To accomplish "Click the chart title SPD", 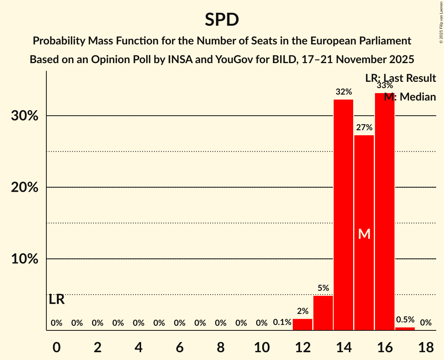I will pyautogui.click(x=222, y=19).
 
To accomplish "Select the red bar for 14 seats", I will pyautogui.click(x=343, y=214).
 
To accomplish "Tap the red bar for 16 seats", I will pyautogui.click(x=384, y=210).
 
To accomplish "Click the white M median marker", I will pyautogui.click(x=364, y=234).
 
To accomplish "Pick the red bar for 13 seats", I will pyautogui.click(x=323, y=313).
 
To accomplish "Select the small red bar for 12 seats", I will pyautogui.click(x=302, y=324).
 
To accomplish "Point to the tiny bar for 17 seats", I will pyautogui.click(x=405, y=329).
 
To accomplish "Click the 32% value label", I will pyautogui.click(x=343, y=92).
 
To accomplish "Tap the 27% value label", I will pyautogui.click(x=364, y=127).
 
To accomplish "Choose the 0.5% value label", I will pyautogui.click(x=405, y=319).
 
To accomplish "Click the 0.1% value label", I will pyautogui.click(x=282, y=323).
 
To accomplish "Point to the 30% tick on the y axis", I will pyautogui.click(x=24, y=116).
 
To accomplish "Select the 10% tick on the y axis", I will pyautogui.click(x=24, y=259).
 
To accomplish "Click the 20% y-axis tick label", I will pyautogui.click(x=24, y=187).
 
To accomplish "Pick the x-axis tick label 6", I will pyautogui.click(x=179, y=348).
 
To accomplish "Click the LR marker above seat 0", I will pyautogui.click(x=57, y=300).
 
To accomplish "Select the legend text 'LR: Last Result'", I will pyautogui.click(x=400, y=78).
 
